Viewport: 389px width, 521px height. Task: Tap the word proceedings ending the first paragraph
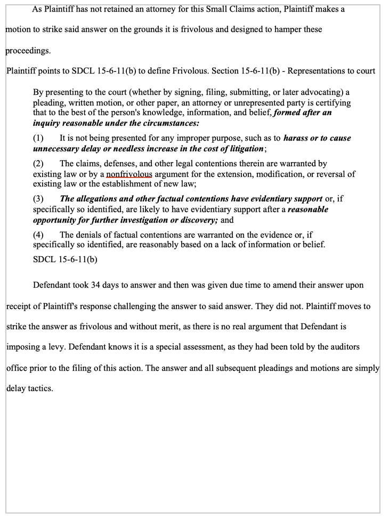click(27, 51)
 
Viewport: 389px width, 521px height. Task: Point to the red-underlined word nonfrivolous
click(129, 174)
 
